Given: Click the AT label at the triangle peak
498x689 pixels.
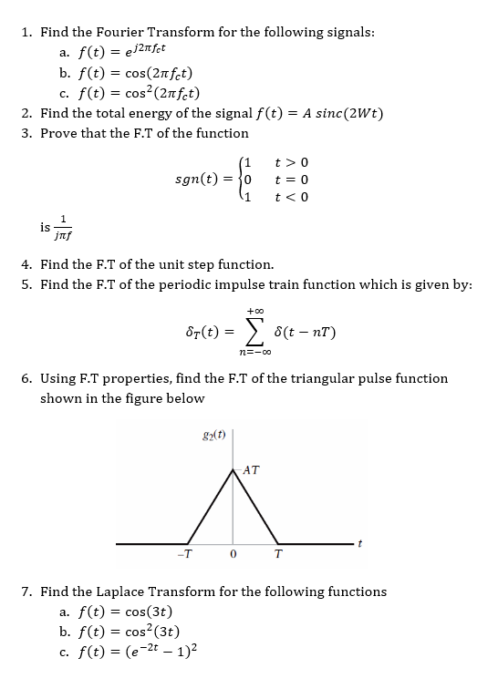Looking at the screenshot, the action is (x=252, y=470).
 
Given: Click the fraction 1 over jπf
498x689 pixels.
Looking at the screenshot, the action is (x=61, y=225).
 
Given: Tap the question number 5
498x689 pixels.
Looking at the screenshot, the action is (x=27, y=284).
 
